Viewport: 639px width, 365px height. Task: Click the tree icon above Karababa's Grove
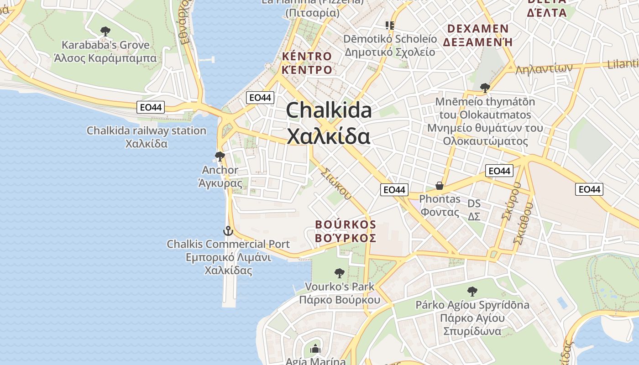coord(105,31)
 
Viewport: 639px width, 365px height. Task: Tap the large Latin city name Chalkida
coord(329,111)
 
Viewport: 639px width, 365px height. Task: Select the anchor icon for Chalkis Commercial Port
coord(228,231)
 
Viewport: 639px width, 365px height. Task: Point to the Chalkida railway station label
coord(147,131)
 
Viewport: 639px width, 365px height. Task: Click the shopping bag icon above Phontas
coord(440,186)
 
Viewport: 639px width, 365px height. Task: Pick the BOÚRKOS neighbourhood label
coord(346,224)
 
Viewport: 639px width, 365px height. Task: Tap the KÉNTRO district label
coord(307,57)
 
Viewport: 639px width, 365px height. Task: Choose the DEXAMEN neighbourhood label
coord(478,29)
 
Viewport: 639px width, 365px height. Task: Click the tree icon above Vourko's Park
coord(339,273)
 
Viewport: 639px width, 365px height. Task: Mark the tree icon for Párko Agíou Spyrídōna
coord(472,291)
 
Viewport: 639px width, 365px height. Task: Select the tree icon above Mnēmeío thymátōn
coord(485,88)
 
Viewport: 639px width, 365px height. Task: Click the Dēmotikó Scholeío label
coord(390,39)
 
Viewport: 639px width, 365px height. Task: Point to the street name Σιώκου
coord(336,184)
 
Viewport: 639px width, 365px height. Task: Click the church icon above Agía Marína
coord(315,349)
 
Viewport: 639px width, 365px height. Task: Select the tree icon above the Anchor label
coord(220,156)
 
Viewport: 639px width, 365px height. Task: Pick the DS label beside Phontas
coord(474,203)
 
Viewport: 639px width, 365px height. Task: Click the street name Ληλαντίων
coord(544,69)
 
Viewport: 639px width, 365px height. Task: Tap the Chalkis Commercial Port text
coord(228,244)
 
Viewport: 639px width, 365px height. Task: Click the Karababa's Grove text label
coord(105,45)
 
